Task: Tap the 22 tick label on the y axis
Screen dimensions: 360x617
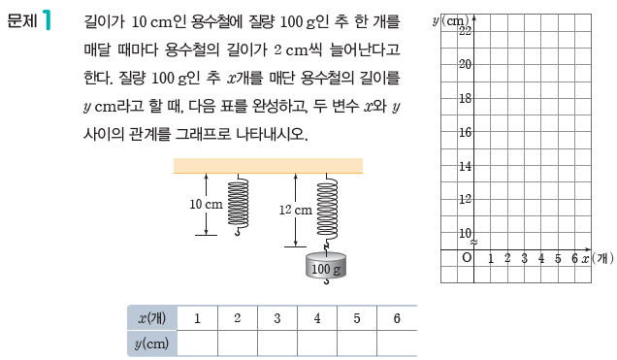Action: pos(465,30)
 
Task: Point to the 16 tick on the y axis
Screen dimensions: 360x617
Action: pos(465,132)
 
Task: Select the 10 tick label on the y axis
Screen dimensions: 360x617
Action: pos(465,233)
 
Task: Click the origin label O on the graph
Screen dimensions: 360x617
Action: pos(467,258)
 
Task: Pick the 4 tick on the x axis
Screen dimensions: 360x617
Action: pos(541,258)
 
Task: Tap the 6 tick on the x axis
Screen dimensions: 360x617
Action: pos(574,258)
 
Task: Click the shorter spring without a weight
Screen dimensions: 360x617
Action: pos(238,201)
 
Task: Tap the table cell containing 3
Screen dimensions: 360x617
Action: pos(277,318)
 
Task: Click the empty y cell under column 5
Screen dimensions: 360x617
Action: pos(357,343)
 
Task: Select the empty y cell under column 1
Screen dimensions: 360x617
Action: pos(198,343)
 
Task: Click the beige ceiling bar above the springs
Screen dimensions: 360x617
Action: pos(268,166)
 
